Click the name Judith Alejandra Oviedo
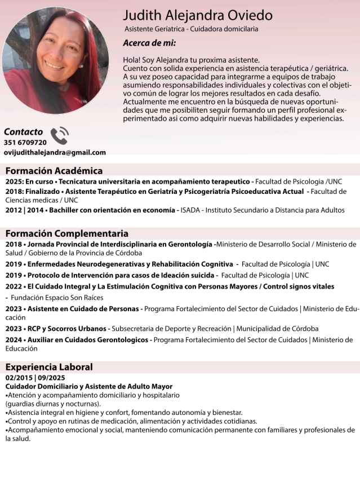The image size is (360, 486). point(197,15)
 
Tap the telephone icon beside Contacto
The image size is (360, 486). point(59,135)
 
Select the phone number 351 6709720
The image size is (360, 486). point(25,143)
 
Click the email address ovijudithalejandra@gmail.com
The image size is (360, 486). point(55,152)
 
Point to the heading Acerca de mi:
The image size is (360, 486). point(149,43)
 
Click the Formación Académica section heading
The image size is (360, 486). point(54,171)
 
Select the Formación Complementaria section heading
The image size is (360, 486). point(67,233)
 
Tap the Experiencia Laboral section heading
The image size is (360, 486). point(49,367)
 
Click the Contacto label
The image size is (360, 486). point(24,131)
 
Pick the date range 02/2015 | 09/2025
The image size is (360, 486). point(35,377)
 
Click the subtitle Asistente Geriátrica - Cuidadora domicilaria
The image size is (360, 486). point(191,29)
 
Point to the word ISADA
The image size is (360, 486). point(192,210)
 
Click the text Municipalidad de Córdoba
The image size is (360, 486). point(277,329)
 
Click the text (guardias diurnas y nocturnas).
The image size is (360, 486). point(54,404)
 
